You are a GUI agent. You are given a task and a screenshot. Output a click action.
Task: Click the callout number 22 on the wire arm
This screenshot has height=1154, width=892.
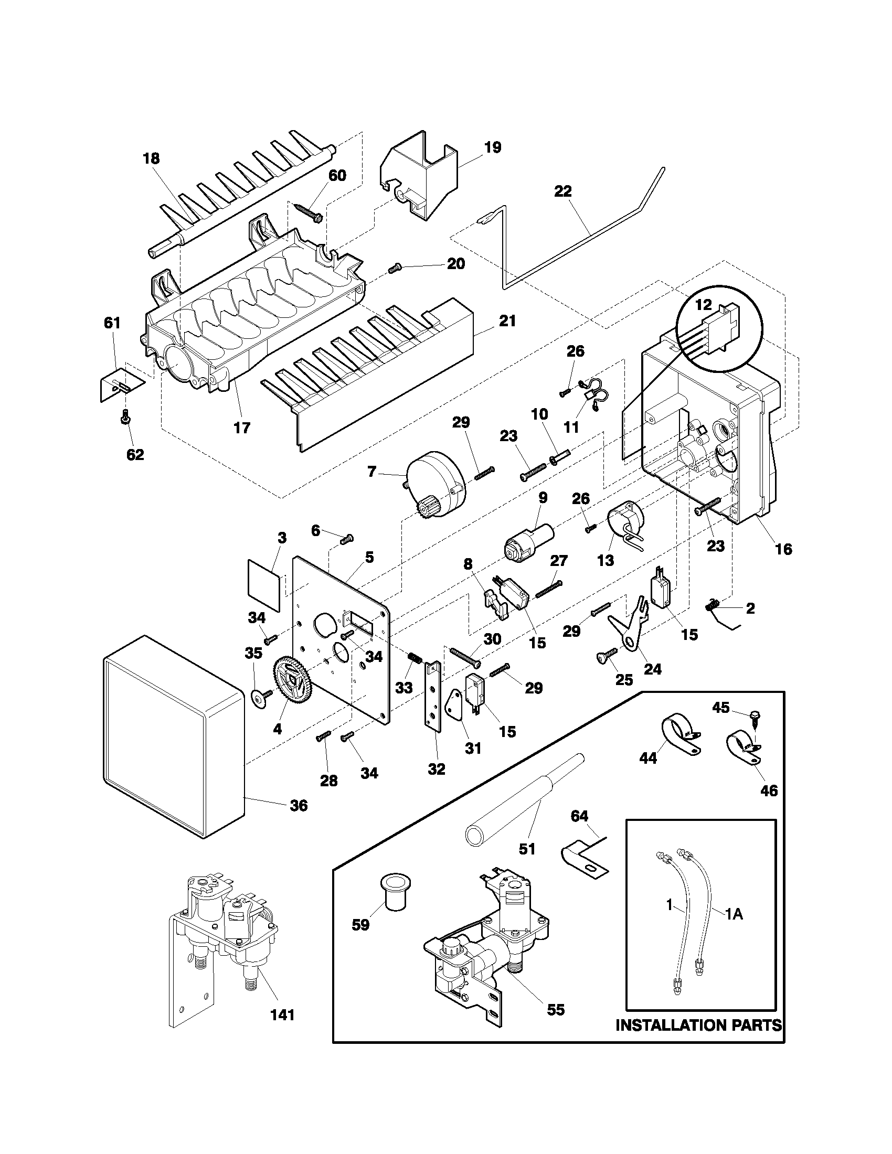point(563,191)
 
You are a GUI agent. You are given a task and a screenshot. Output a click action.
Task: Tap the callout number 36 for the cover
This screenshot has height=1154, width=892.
point(299,806)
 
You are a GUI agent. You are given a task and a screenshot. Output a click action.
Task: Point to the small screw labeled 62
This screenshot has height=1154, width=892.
point(126,419)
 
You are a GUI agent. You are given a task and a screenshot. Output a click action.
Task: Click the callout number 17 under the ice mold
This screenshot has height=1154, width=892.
point(242,428)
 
